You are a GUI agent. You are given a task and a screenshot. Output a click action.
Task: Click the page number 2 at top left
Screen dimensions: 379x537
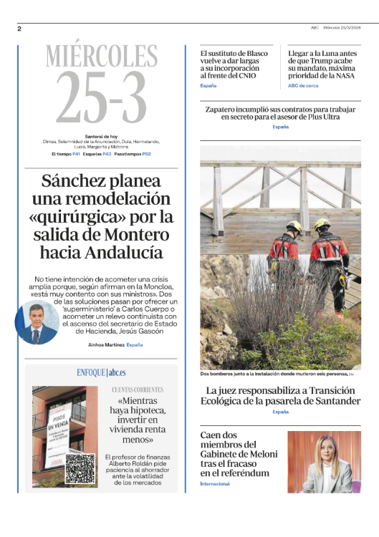pos(19,29)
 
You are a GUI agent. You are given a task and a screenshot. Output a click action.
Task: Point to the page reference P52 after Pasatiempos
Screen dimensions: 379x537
pos(146,154)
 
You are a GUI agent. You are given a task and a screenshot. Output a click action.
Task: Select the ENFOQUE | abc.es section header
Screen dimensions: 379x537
pos(101,373)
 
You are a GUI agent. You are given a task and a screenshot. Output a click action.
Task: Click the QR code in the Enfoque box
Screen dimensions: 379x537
pos(80,470)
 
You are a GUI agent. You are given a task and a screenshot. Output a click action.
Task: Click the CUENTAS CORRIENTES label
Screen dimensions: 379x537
pos(138,390)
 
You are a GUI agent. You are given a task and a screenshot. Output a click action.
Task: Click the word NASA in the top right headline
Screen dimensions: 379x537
pos(348,75)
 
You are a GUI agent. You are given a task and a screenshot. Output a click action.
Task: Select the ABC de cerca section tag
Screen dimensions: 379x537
pos(303,85)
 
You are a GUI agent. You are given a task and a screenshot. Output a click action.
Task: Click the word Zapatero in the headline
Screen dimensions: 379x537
pos(224,109)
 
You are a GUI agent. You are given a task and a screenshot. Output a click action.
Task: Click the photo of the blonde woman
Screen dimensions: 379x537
pos(324,461)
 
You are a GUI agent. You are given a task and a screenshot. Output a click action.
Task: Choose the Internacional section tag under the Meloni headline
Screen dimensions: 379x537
pos(215,484)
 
